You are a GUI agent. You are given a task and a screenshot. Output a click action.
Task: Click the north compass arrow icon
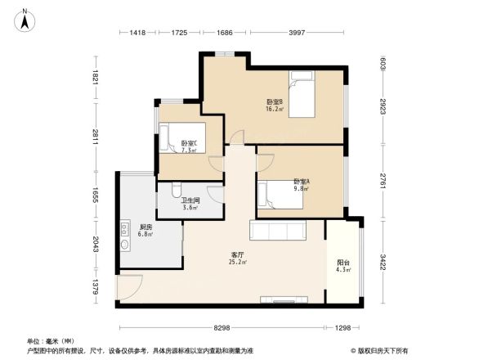[x=26, y=19]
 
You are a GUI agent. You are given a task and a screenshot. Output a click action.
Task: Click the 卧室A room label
[x=301, y=183]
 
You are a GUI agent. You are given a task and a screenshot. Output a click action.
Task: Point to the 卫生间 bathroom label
[x=189, y=204]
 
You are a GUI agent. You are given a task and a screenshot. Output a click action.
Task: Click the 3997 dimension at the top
[x=297, y=32]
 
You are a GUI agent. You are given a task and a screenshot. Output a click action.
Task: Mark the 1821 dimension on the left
[x=96, y=79]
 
